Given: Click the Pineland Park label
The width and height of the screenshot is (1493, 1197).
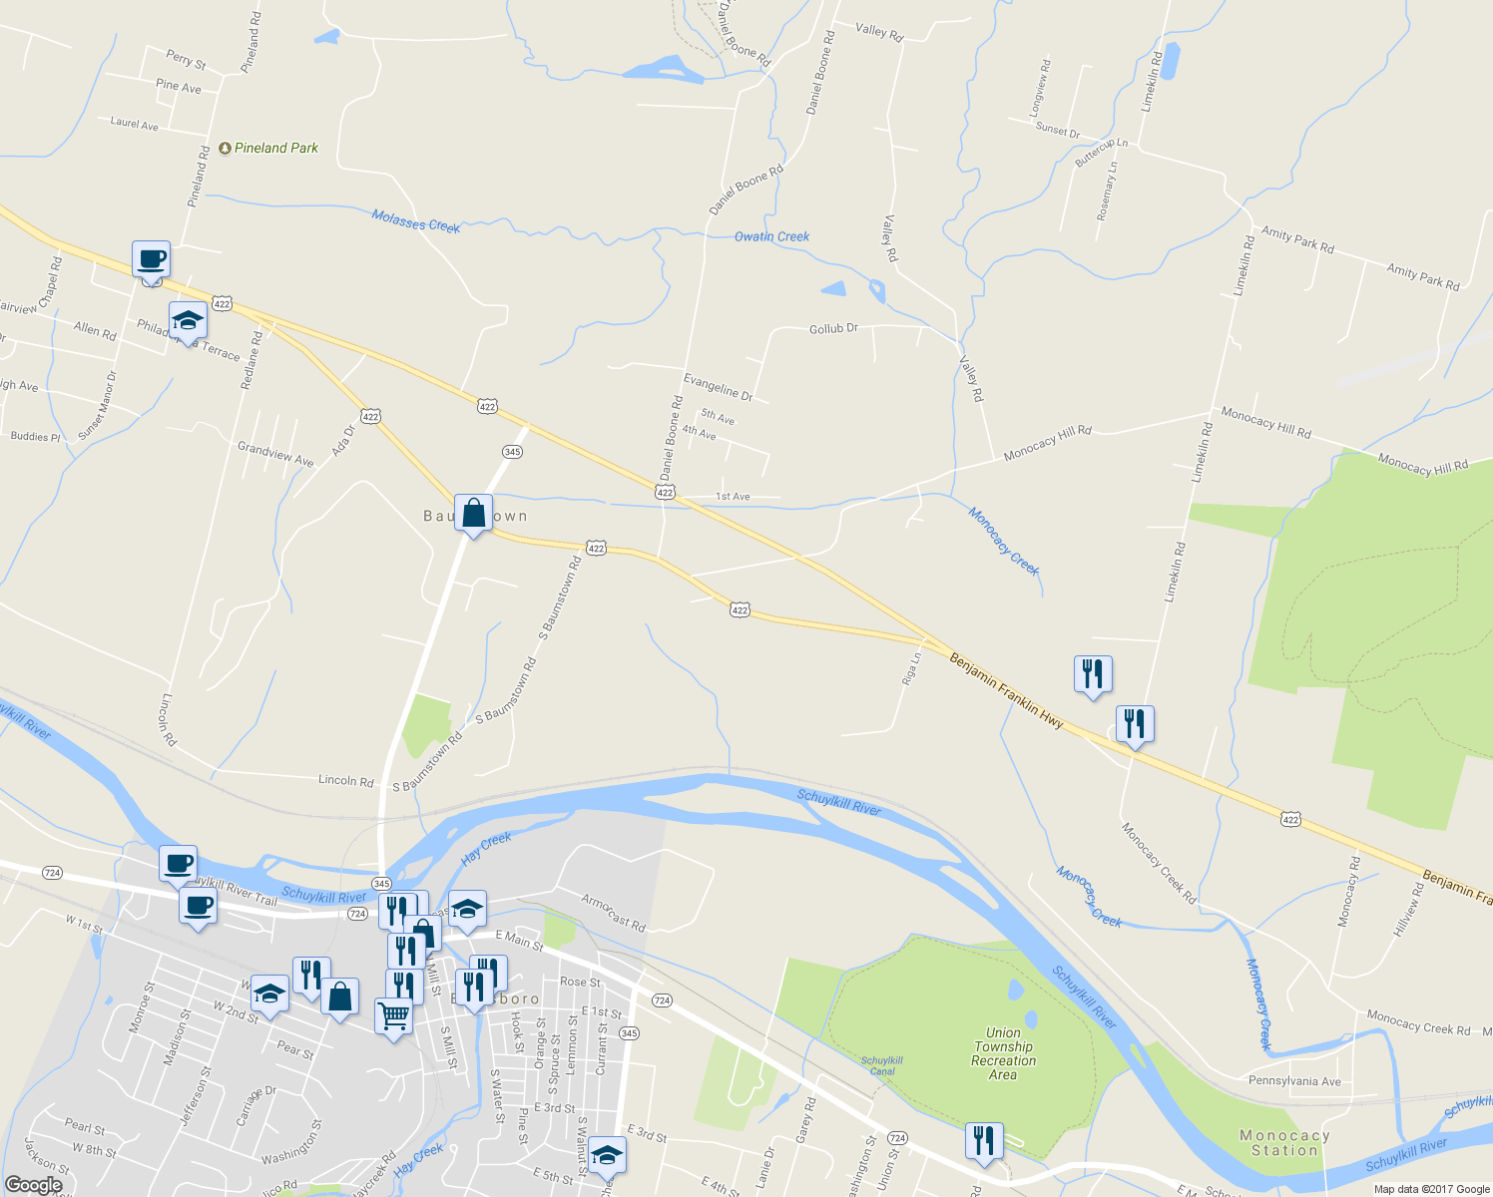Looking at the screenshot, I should point(275,148).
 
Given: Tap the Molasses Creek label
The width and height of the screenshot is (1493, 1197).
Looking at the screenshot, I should point(415,220).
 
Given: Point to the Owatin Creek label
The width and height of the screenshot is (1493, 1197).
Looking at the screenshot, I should point(771,236).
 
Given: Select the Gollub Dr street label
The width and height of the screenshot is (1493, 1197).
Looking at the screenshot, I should point(833,328).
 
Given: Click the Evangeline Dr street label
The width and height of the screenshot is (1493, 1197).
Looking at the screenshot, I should point(718,386).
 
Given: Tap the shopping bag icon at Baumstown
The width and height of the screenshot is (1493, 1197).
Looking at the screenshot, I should point(473,514).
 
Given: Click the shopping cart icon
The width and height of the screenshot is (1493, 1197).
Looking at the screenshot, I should point(393,1016).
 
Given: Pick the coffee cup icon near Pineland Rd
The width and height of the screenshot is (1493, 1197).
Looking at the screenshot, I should point(152,259).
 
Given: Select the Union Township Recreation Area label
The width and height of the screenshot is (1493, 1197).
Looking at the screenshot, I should point(1003,1053).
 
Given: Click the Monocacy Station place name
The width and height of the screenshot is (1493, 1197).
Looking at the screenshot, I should point(1284,1143).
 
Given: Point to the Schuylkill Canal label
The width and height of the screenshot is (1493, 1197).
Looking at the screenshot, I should point(882,1066).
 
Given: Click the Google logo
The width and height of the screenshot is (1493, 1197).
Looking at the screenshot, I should point(33,1185).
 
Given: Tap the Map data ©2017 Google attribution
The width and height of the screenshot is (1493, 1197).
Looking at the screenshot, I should point(1431,1189).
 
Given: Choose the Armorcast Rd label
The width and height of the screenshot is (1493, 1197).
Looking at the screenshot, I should point(614,913).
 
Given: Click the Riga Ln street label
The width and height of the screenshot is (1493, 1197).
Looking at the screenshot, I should point(911,668).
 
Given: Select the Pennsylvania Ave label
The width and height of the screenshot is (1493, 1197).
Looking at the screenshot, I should point(1294,1081).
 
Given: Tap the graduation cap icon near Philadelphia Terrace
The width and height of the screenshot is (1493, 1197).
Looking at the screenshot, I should point(188,321).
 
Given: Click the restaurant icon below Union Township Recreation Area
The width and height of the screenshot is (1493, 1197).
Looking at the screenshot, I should point(984,1140).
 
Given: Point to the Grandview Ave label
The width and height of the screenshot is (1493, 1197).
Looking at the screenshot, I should point(275,454).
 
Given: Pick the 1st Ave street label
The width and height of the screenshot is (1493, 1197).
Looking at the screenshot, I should point(733,497).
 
